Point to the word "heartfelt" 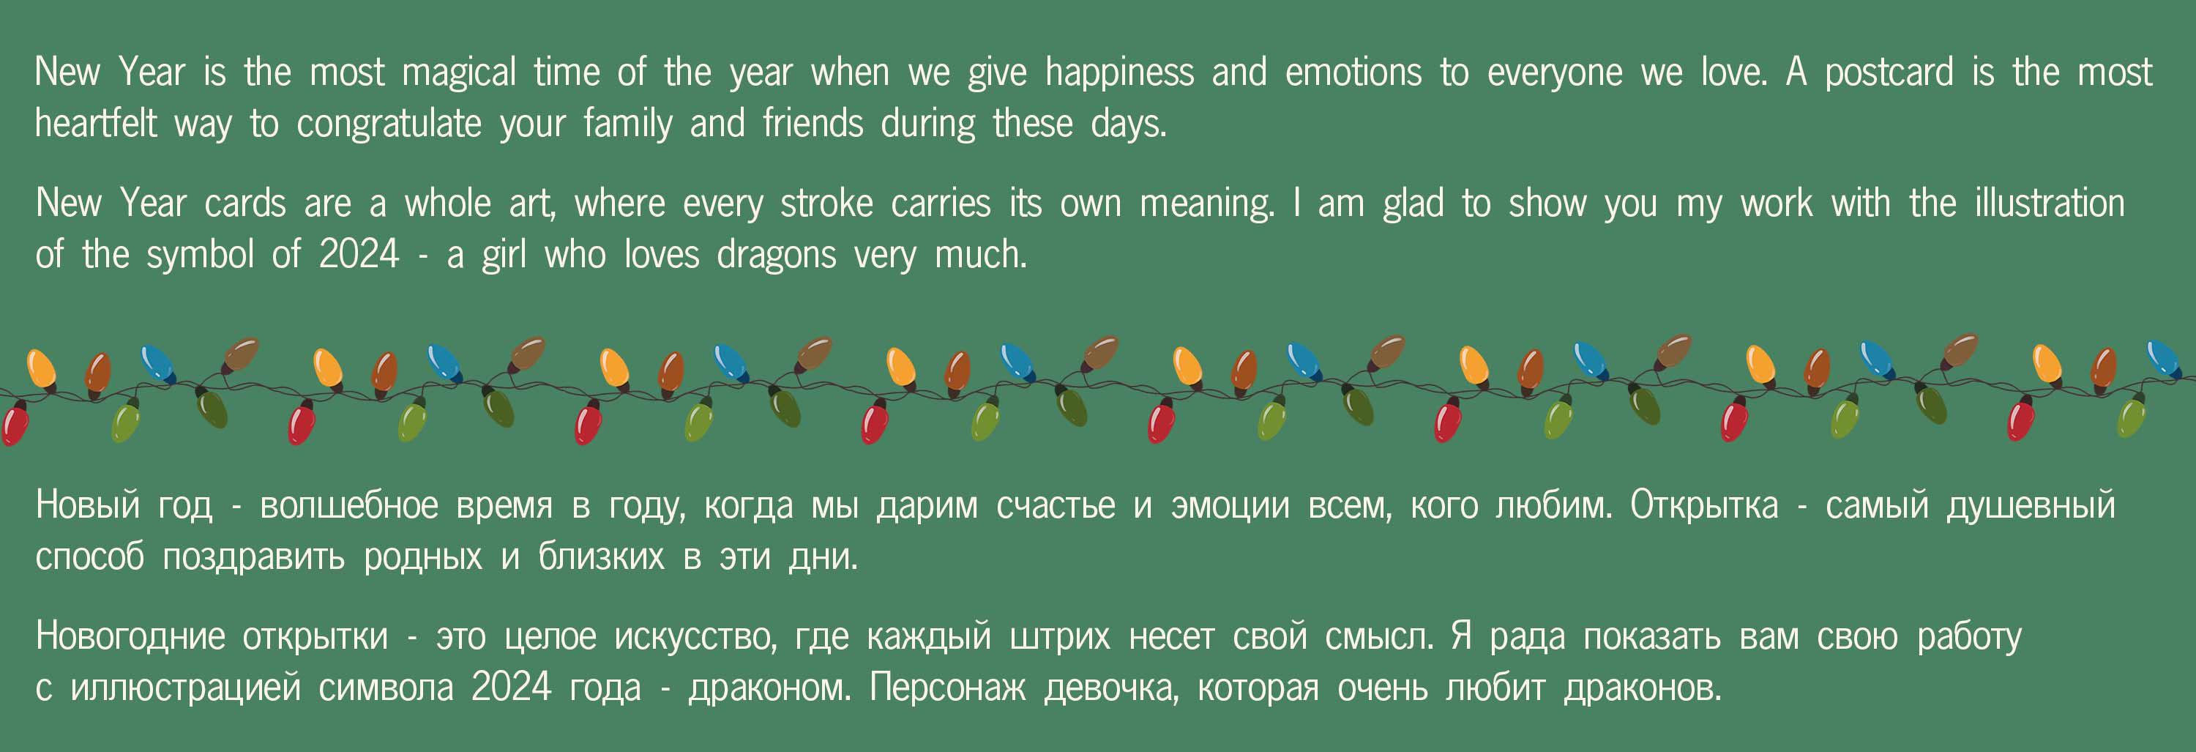coord(95,123)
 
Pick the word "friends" coord(813,123)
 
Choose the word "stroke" coord(826,203)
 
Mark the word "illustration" coord(2050,203)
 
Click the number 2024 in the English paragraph coord(359,254)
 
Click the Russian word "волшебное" coord(348,505)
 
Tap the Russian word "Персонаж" coord(947,688)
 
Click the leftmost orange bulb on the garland coord(42,369)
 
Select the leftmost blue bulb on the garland coord(157,363)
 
